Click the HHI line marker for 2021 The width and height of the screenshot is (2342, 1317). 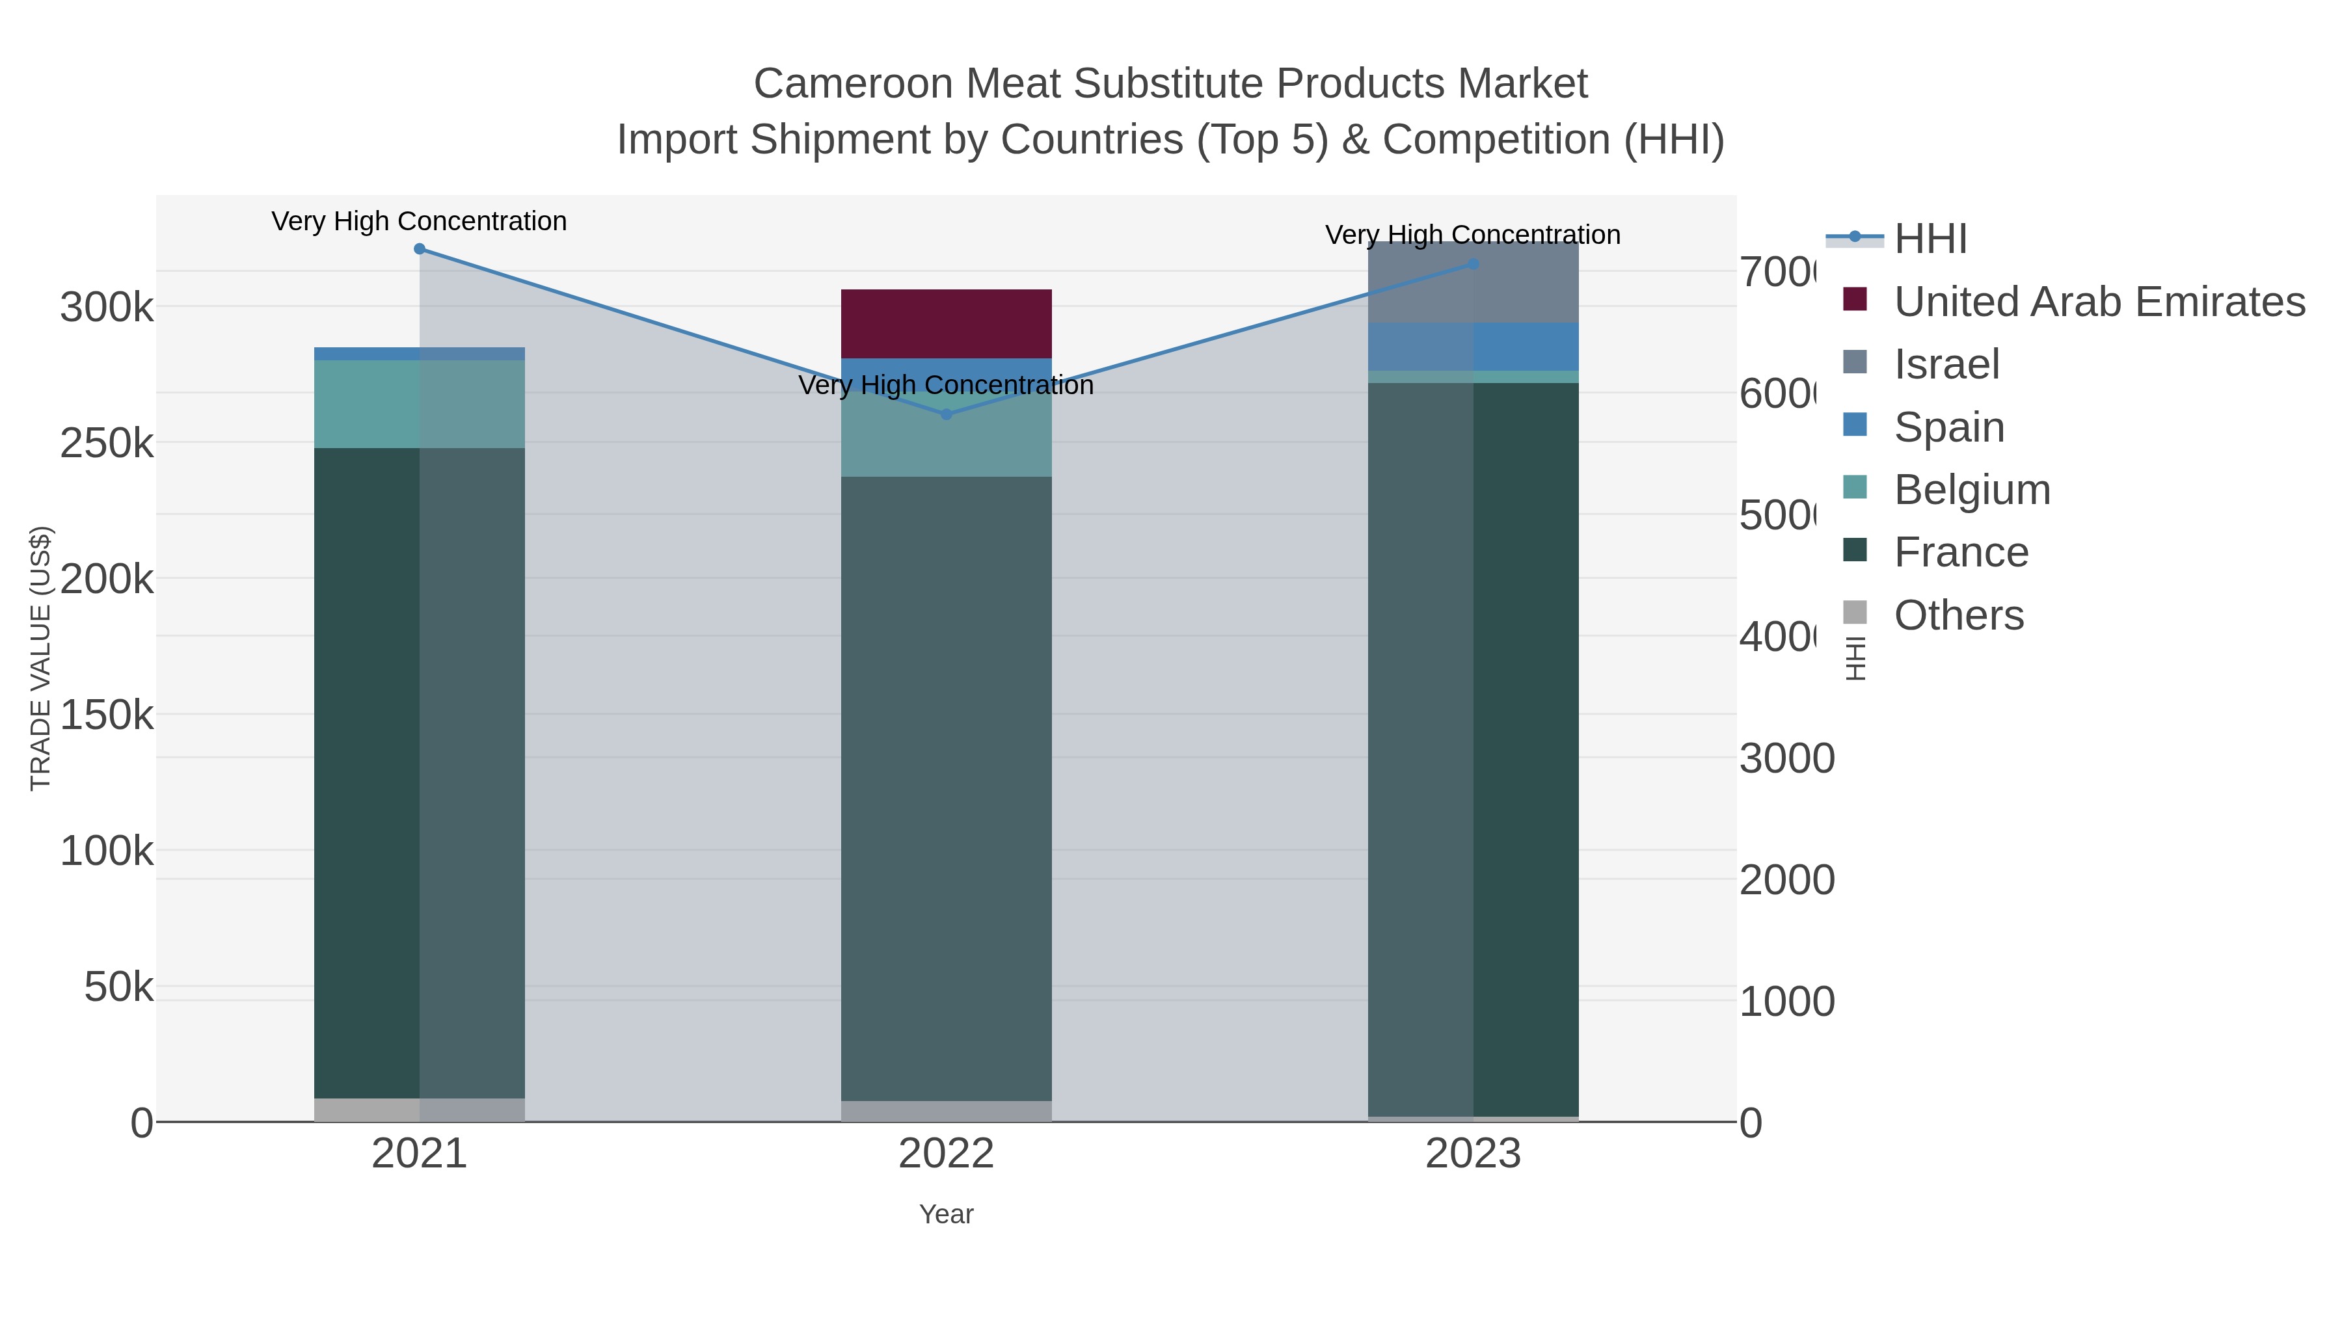click(419, 249)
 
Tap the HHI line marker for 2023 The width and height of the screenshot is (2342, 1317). click(1473, 265)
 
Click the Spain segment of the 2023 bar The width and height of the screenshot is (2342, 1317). click(1473, 346)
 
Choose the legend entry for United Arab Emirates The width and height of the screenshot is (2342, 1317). click(2098, 302)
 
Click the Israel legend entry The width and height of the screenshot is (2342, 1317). click(1946, 364)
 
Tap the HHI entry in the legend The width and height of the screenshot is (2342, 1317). click(1930, 239)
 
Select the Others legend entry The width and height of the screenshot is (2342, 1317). click(1958, 615)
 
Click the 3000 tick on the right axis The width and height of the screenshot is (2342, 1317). click(1786, 759)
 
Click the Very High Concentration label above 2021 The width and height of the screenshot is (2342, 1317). click(419, 221)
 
